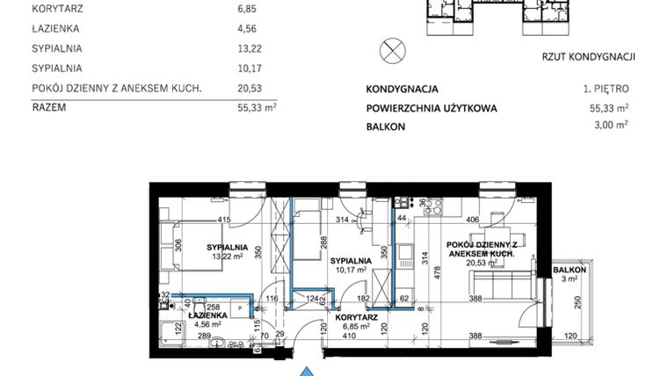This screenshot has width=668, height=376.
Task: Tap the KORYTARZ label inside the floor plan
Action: (356, 317)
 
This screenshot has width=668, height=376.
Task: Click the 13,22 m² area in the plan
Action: (227, 257)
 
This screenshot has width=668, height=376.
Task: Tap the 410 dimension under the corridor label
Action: (350, 336)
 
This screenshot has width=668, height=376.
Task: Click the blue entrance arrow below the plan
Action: (306, 372)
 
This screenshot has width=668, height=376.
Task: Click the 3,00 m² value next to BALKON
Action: (612, 126)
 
